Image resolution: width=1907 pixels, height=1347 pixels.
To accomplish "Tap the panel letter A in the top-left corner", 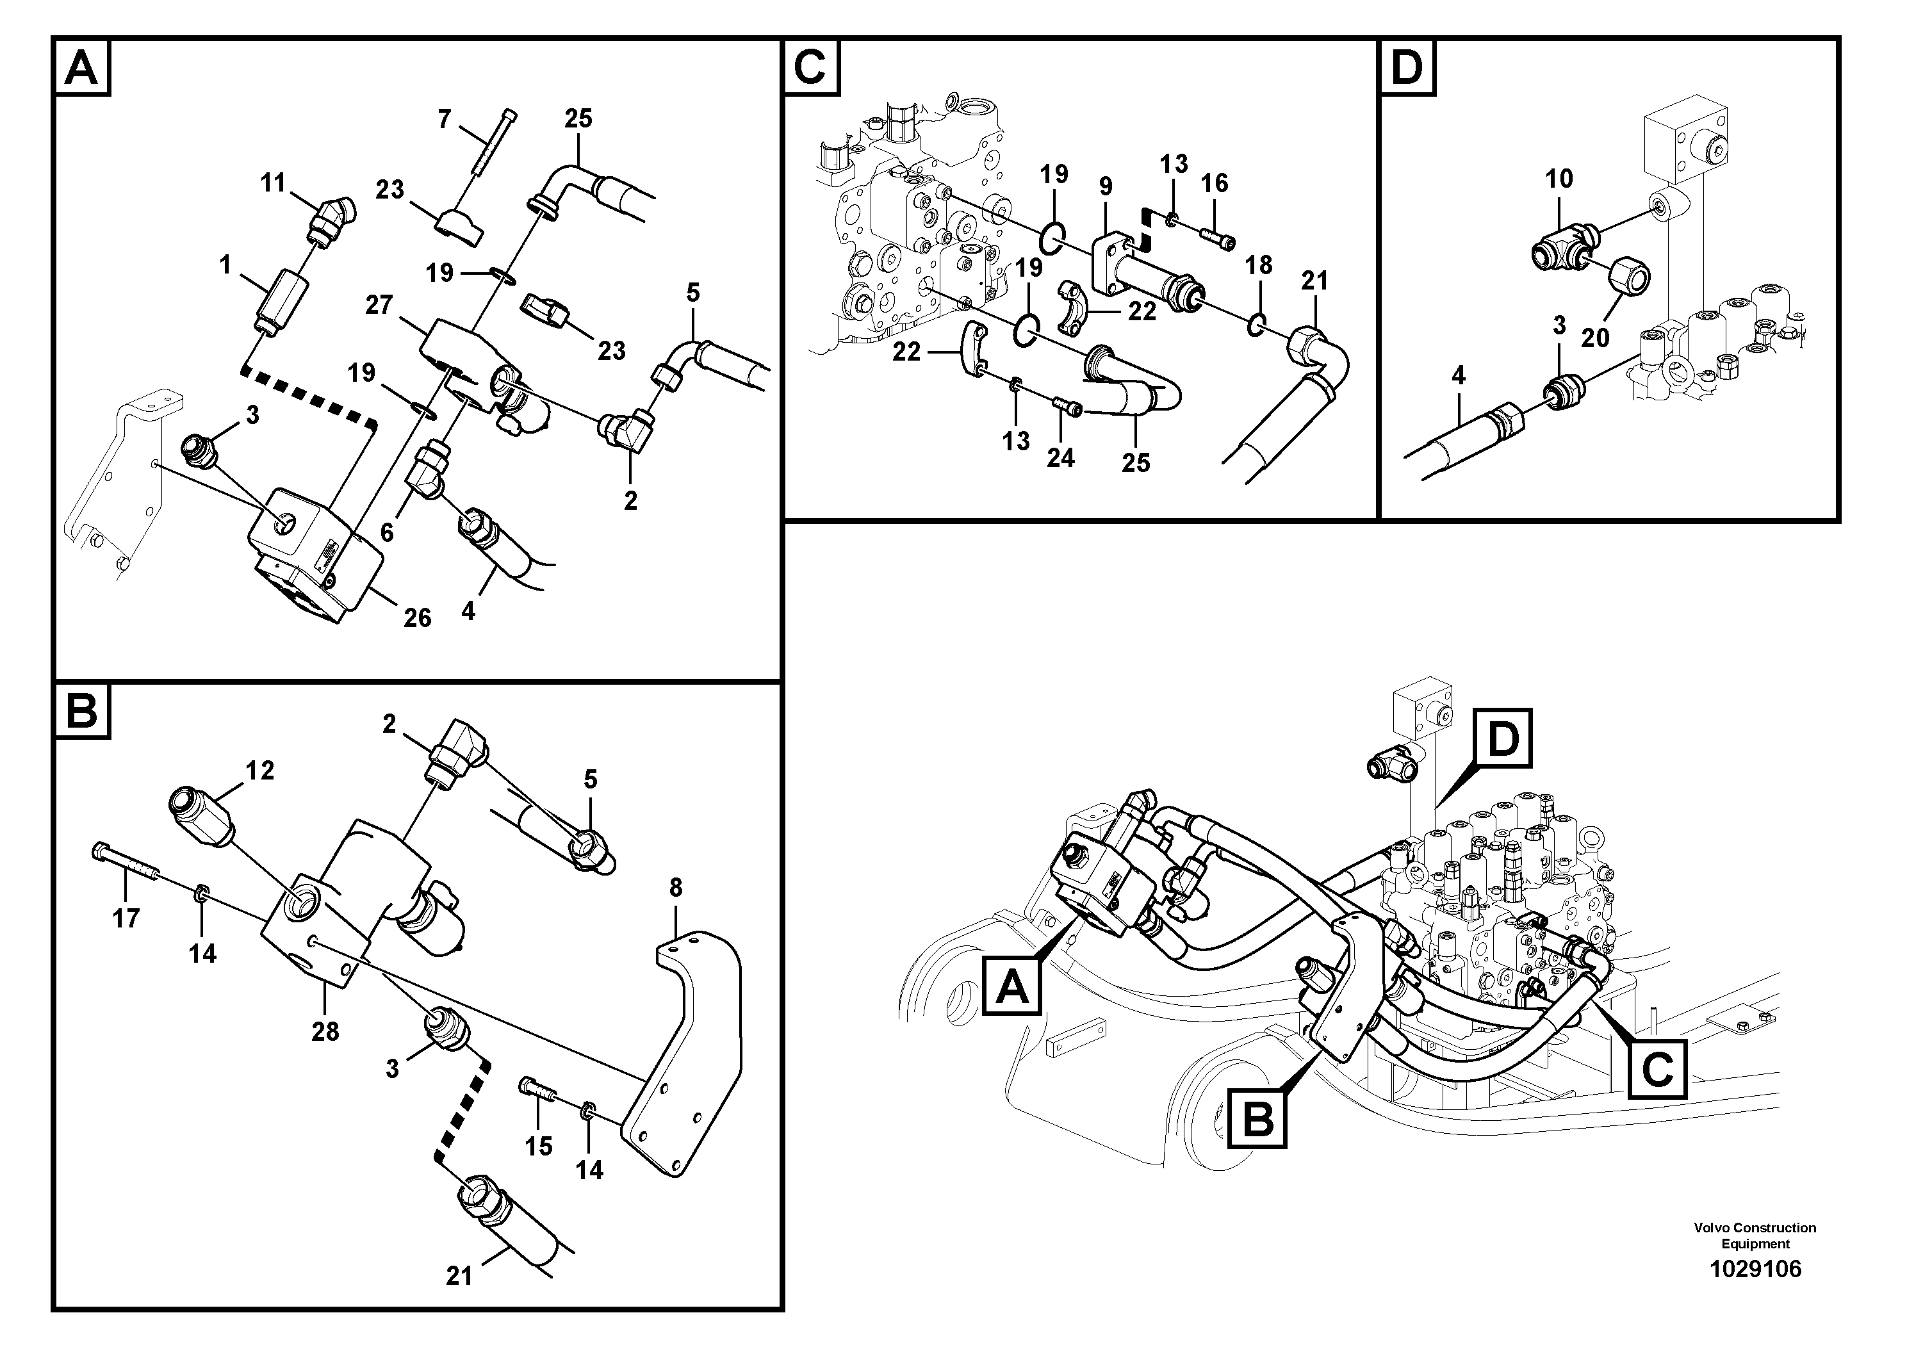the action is (81, 67).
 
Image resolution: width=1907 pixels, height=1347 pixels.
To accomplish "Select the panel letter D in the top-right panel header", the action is (1407, 67).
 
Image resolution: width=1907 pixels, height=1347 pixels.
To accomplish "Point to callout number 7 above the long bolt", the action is (445, 120).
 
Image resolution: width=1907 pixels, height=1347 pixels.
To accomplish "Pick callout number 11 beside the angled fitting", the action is (274, 183).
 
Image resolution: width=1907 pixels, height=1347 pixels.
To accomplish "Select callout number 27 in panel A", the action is (379, 305).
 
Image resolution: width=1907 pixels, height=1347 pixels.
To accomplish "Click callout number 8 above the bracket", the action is (675, 888).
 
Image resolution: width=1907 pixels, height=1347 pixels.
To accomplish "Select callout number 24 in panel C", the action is (1061, 457).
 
